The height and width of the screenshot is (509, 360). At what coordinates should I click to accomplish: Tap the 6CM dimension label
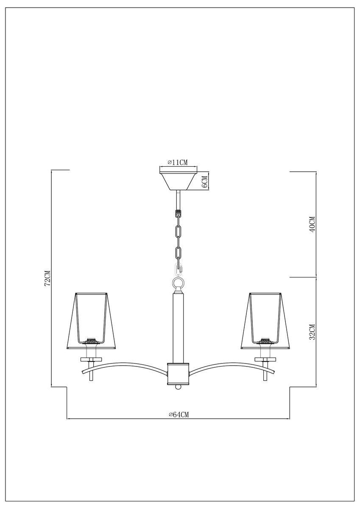click(x=205, y=182)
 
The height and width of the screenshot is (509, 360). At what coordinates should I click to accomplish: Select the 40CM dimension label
click(x=313, y=224)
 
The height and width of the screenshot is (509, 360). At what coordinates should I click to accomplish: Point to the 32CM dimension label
click(x=313, y=332)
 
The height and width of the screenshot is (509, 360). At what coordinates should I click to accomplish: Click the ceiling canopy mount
click(x=178, y=181)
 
